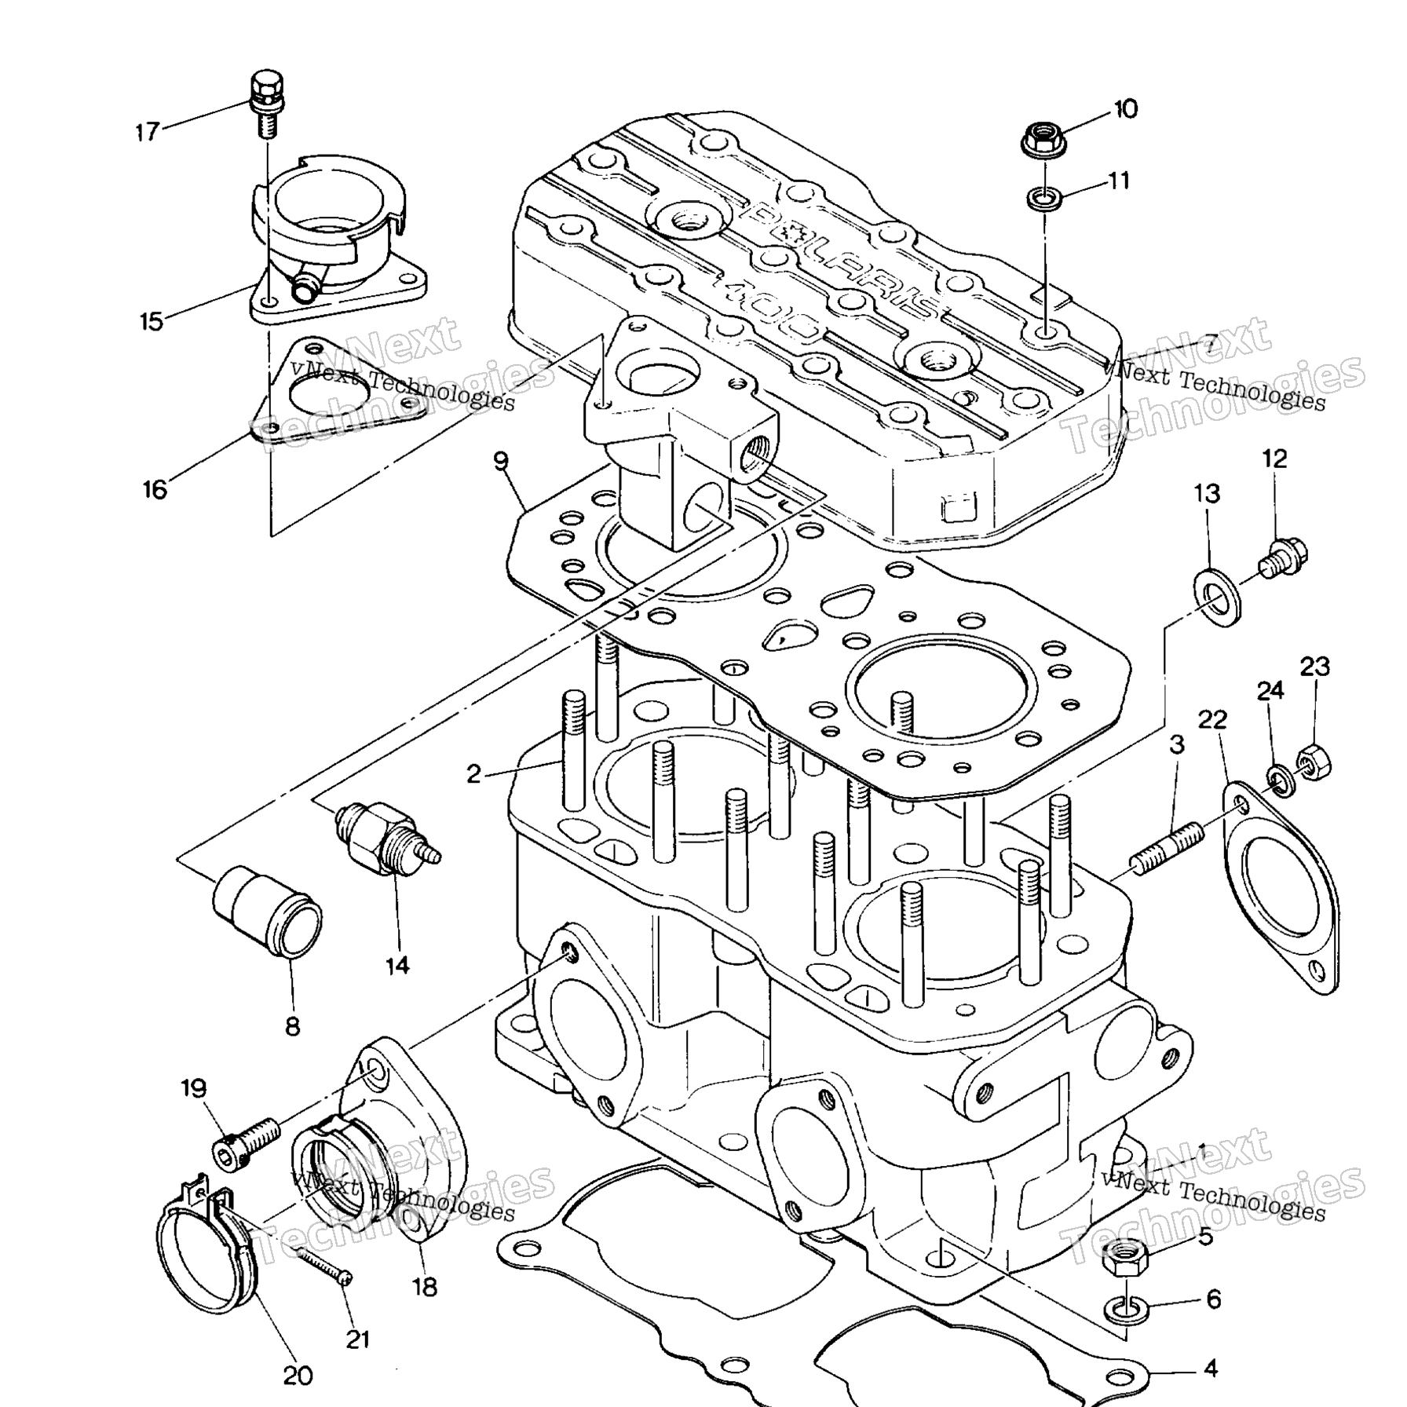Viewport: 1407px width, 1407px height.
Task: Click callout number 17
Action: coord(147,131)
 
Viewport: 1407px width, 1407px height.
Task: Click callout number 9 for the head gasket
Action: coord(502,461)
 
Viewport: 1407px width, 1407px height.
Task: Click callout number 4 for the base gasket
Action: coord(1210,1368)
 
